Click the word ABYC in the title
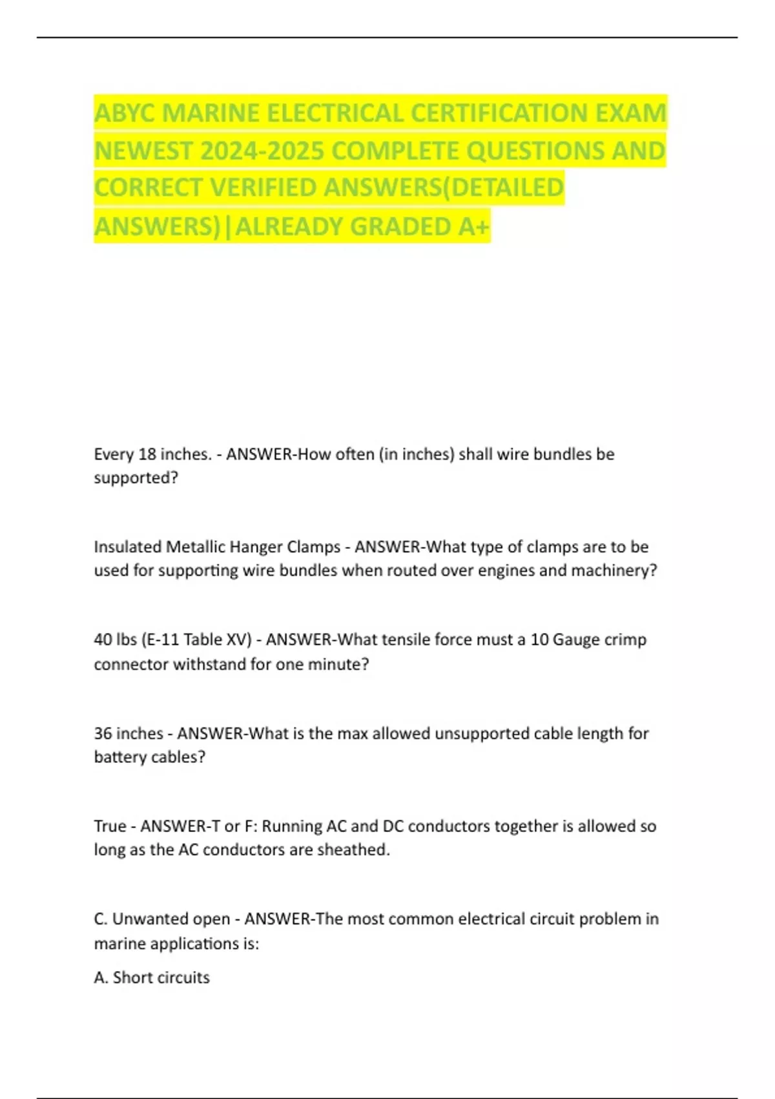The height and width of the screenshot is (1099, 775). click(x=125, y=113)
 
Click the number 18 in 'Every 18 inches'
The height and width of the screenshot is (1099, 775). click(x=147, y=454)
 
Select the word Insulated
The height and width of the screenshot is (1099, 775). click(x=127, y=547)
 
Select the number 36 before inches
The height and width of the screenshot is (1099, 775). click(x=103, y=734)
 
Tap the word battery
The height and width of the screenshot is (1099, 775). click(x=120, y=757)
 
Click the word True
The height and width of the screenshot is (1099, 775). click(x=110, y=826)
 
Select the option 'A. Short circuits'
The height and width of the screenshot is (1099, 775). click(x=152, y=977)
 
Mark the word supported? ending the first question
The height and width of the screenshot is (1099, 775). click(x=136, y=478)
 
